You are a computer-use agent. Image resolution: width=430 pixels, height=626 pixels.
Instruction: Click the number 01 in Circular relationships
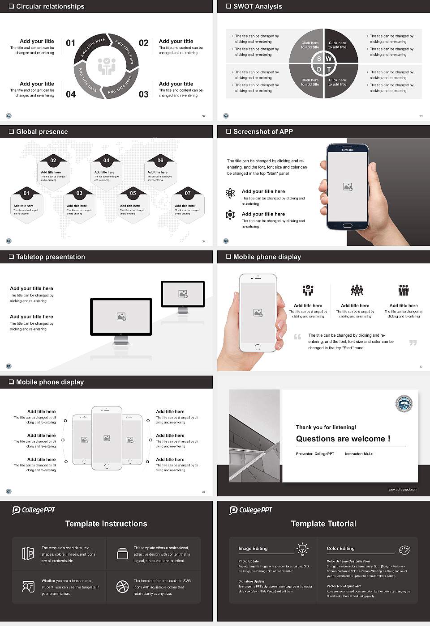click(71, 43)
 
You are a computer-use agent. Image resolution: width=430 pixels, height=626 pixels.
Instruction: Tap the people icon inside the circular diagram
click(107, 66)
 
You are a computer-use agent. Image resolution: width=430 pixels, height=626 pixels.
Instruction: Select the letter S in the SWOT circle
click(319, 59)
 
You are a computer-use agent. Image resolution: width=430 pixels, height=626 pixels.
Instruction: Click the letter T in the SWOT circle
click(329, 69)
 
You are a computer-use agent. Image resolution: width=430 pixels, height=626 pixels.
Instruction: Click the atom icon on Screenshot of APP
click(230, 193)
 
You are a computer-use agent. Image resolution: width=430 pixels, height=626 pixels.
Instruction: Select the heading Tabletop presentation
click(50, 257)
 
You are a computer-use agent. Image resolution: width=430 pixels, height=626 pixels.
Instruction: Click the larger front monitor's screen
click(121, 316)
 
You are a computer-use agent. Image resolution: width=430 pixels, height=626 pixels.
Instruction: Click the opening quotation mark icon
click(297, 337)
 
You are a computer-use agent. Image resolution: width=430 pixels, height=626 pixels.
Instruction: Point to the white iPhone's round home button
click(258, 347)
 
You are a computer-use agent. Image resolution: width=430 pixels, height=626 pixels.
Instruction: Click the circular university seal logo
click(404, 404)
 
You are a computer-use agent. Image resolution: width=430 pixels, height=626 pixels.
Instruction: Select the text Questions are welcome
click(343, 439)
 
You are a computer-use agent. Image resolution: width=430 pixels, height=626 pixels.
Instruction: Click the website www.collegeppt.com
click(402, 489)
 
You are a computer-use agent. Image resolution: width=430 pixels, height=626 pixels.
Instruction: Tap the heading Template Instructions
click(106, 524)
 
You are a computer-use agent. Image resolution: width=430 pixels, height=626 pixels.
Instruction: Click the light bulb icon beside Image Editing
click(302, 549)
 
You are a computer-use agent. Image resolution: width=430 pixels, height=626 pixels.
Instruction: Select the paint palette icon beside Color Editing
click(404, 550)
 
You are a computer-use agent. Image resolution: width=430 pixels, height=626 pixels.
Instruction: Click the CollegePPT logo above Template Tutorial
click(251, 510)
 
